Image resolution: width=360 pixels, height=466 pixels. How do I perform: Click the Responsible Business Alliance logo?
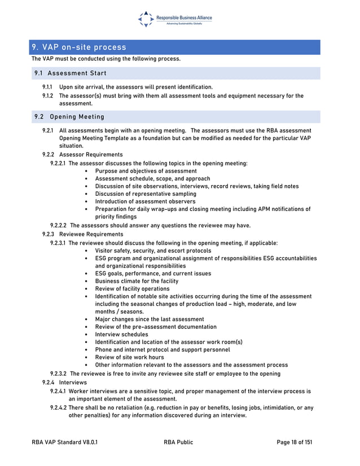[175, 19]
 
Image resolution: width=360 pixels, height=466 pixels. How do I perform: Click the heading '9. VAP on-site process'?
[79, 47]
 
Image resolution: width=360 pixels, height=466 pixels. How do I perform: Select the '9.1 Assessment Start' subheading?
[70, 73]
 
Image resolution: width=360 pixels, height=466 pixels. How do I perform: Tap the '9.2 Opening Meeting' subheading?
[69, 117]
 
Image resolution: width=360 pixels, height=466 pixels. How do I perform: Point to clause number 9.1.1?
[48, 87]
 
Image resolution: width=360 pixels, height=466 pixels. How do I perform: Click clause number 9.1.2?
[48, 96]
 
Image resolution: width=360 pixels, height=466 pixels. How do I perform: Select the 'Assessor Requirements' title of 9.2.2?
[90, 155]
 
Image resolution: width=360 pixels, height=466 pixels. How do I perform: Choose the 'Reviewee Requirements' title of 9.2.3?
[91, 234]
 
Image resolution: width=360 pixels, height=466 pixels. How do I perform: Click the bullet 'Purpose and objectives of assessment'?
[146, 171]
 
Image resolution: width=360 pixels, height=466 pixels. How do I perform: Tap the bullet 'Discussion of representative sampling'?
[146, 194]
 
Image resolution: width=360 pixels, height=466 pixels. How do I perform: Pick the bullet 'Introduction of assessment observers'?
[145, 201]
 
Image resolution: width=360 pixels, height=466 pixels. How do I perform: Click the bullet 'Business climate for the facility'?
[137, 281]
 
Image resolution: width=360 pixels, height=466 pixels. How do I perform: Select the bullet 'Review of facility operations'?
[132, 289]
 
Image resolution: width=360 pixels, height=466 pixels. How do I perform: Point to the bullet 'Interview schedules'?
[121, 335]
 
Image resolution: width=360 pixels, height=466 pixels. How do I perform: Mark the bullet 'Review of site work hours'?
[129, 357]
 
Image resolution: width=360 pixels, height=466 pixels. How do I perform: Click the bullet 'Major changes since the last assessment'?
[150, 319]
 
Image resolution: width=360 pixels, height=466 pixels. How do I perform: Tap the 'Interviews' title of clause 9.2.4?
[73, 382]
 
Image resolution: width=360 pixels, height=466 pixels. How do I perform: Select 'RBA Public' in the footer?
[178, 442]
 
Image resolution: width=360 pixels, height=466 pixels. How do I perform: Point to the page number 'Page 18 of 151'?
[294, 442]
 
